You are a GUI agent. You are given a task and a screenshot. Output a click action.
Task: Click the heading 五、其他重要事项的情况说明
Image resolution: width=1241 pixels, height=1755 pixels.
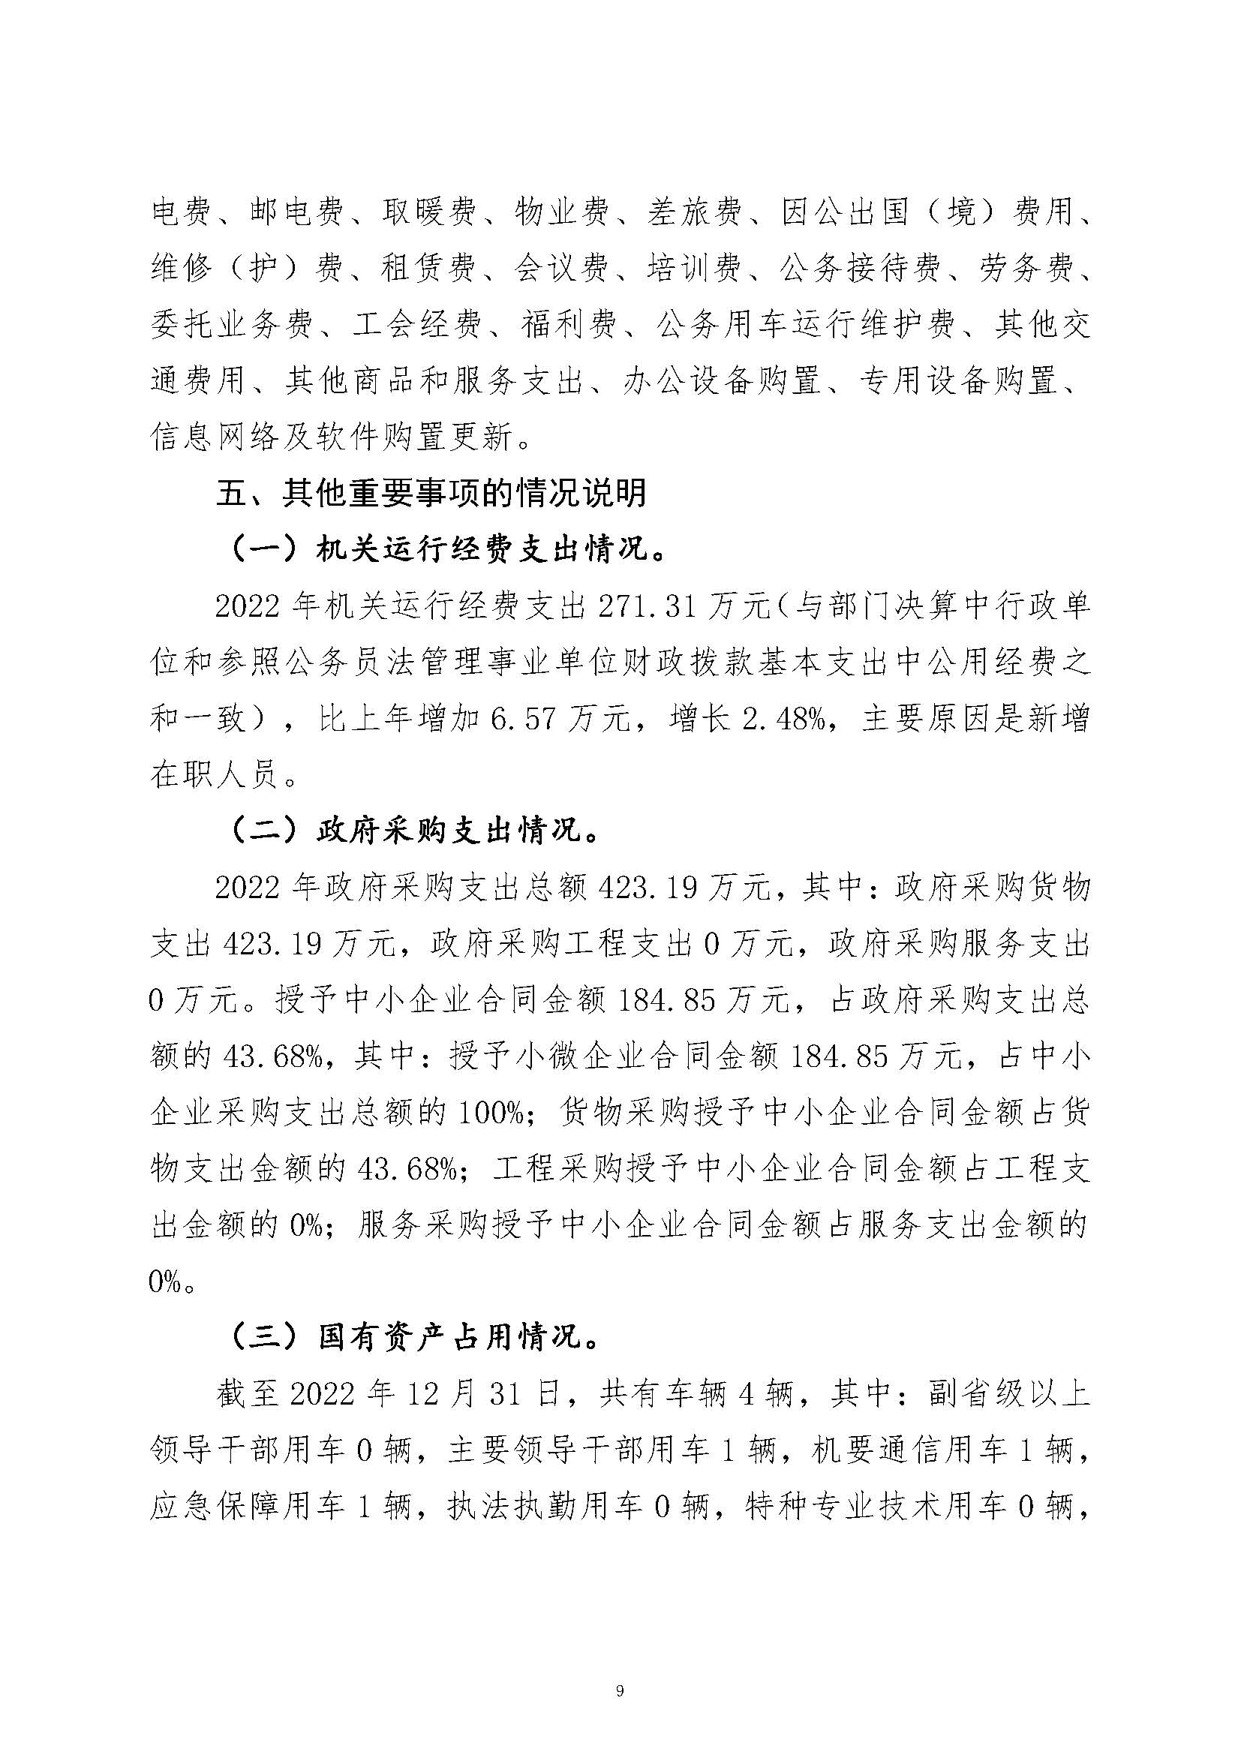[x=431, y=493]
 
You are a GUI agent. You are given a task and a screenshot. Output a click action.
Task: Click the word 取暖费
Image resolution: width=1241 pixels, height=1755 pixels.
[x=429, y=212]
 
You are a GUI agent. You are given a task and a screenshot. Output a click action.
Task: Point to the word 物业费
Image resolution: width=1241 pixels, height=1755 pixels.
[x=562, y=212]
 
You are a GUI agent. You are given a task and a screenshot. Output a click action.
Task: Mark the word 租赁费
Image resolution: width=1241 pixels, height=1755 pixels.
[x=428, y=269]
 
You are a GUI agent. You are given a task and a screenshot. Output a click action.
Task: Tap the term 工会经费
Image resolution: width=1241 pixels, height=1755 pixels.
[x=417, y=325]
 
